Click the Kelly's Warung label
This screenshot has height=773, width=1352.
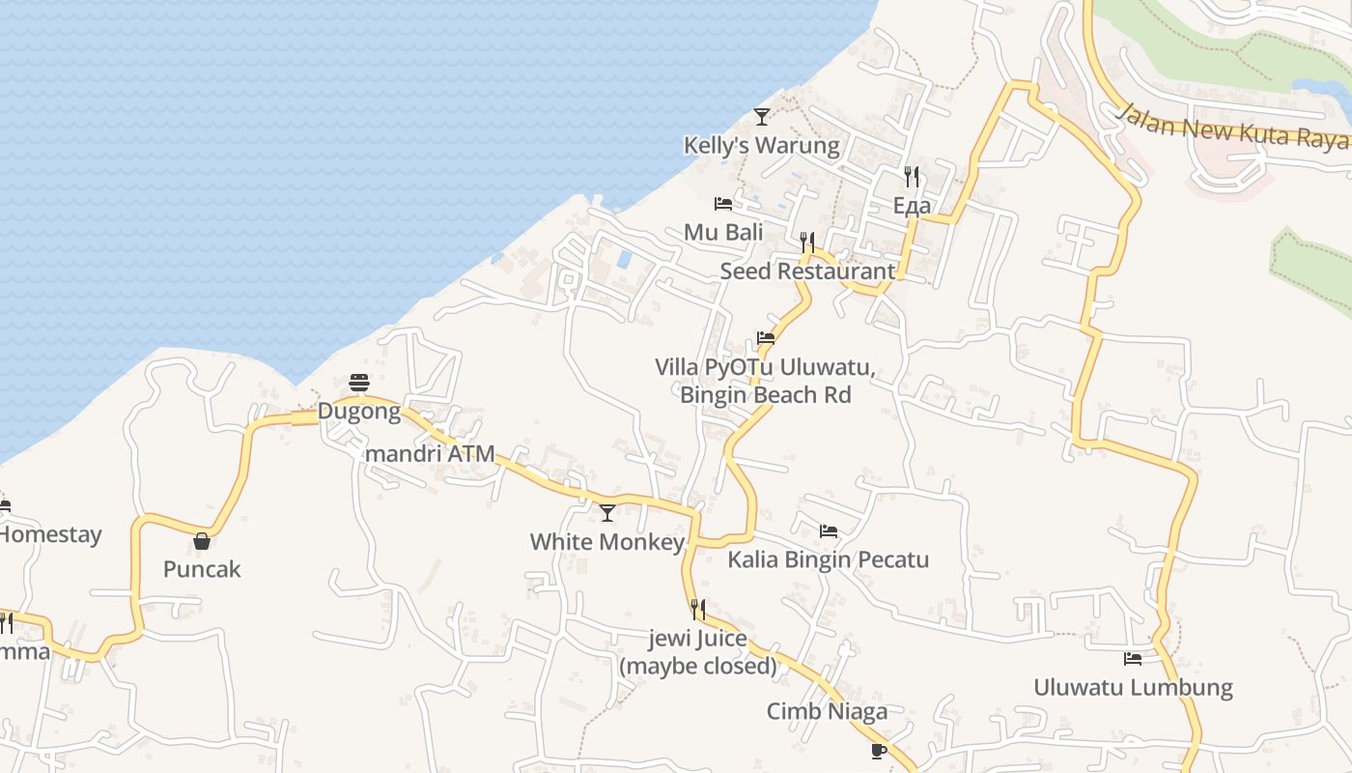761,146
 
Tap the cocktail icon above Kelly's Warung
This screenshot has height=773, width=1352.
762,117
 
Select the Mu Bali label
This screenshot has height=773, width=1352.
723,233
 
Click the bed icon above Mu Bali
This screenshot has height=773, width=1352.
722,204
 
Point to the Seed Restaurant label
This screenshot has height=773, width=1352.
807,272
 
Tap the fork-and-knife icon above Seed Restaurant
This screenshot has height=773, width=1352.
807,242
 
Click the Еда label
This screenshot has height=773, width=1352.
912,206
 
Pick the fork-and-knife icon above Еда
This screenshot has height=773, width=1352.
911,176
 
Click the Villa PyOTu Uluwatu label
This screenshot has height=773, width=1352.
765,381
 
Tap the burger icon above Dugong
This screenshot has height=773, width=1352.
359,383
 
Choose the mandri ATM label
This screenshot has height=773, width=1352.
430,453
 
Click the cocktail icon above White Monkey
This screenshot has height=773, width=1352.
607,512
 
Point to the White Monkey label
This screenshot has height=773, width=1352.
607,542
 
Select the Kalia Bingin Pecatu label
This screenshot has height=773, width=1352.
828,559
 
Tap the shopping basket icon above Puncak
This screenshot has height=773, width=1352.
202,541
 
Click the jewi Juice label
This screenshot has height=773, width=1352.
698,652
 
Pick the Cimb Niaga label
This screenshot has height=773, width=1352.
827,712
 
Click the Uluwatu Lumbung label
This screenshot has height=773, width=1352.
1133,688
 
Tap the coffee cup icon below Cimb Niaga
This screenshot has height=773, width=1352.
878,751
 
